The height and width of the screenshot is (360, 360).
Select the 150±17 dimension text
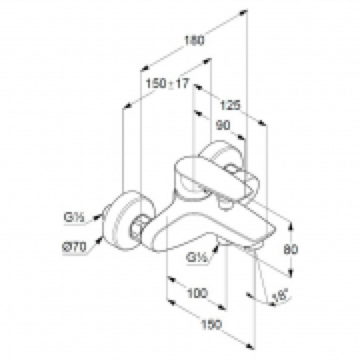click(168, 84)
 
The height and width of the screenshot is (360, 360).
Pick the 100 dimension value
click(197, 292)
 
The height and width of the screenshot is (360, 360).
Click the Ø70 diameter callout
click(75, 247)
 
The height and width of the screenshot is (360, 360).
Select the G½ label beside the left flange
click(73, 218)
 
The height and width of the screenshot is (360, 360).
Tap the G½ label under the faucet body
click(198, 258)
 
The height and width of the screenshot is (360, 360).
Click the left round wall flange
click(120, 221)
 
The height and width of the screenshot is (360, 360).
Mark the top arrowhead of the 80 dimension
click(290, 225)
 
